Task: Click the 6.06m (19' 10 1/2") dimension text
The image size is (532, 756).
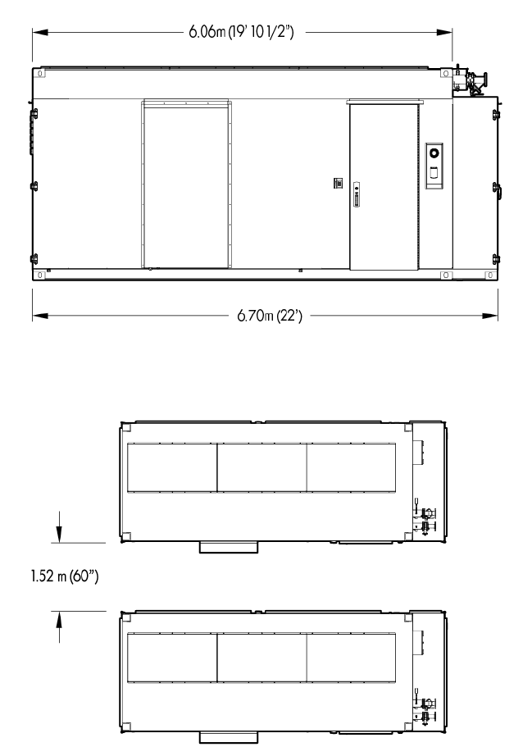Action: tap(242, 32)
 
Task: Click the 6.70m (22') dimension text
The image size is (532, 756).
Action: tap(270, 316)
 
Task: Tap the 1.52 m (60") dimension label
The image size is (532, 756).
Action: tap(65, 576)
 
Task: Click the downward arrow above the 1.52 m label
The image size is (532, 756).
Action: tap(59, 527)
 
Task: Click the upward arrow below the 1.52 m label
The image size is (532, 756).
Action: tap(59, 627)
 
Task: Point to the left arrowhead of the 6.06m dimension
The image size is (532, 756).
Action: tap(40, 32)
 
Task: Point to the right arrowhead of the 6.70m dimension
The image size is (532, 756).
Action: tap(489, 316)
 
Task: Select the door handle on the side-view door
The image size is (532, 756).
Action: tap(357, 194)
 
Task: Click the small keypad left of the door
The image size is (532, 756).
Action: tap(339, 183)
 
